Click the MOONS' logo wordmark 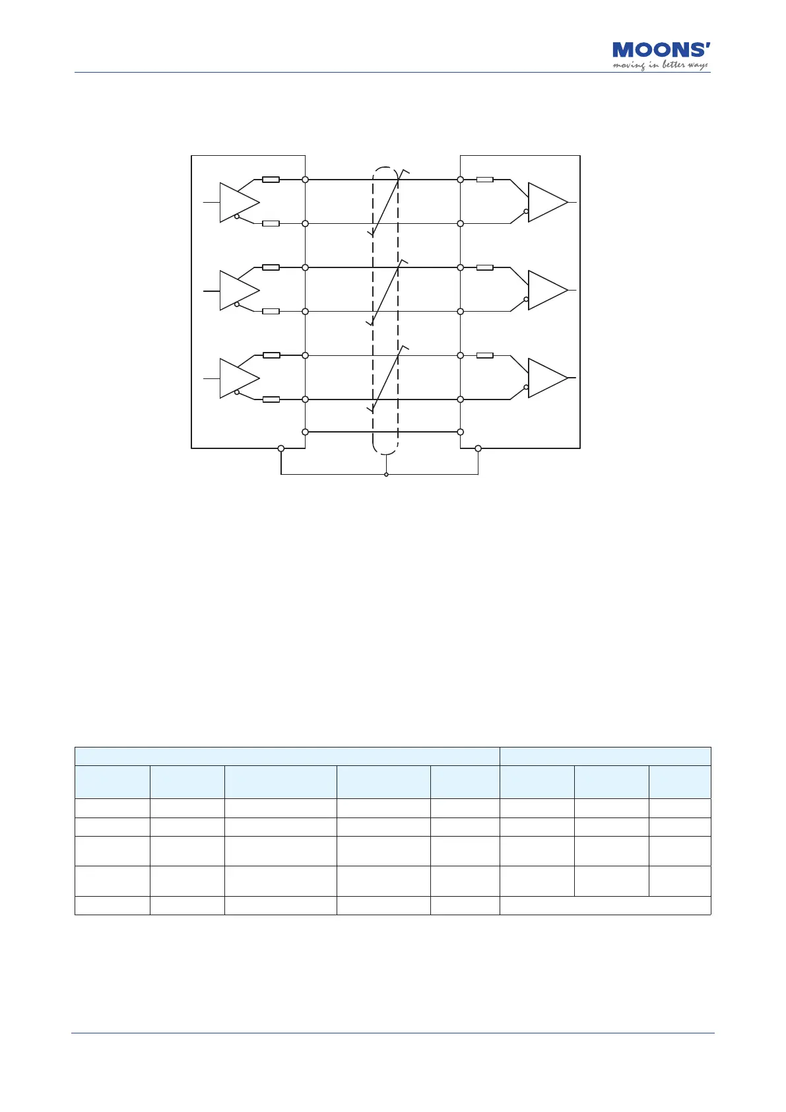[x=661, y=50]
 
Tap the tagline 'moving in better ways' [x=660, y=65]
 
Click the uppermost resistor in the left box [x=271, y=180]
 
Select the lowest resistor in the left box [x=271, y=400]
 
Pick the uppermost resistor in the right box [x=485, y=180]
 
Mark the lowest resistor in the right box [x=485, y=355]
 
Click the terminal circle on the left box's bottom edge [x=281, y=449]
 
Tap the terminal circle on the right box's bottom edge [x=478, y=449]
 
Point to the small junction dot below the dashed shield [x=386, y=474]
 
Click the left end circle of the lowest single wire [x=305, y=432]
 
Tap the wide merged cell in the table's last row [x=605, y=905]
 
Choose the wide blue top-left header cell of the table [x=287, y=756]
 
